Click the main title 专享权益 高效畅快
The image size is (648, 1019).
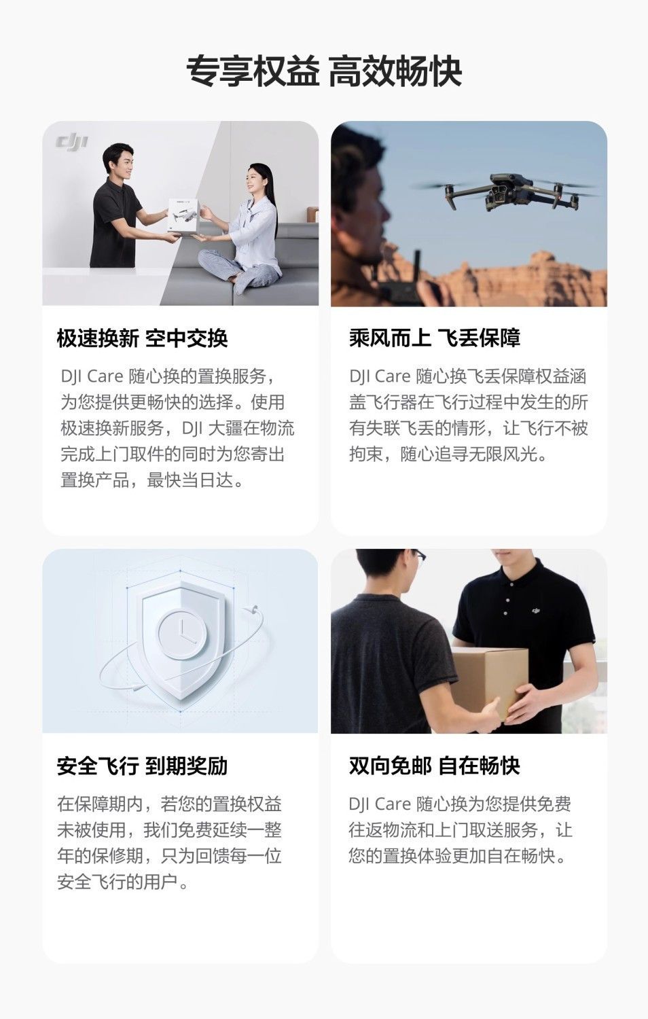[324, 71]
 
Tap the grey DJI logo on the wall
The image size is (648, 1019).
[72, 142]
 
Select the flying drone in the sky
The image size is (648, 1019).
[505, 192]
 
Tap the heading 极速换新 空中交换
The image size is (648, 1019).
[143, 338]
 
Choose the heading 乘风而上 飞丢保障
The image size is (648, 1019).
[435, 338]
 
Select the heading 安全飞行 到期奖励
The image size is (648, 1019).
[143, 766]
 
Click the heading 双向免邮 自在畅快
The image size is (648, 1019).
[435, 766]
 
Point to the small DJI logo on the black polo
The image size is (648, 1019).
[536, 611]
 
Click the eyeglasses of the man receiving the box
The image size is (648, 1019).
[419, 556]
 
